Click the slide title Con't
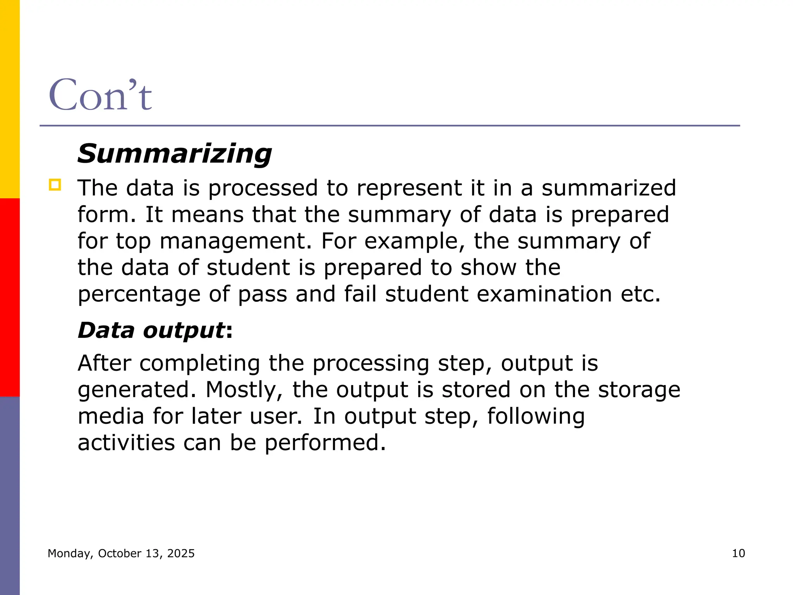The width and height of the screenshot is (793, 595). tap(100, 95)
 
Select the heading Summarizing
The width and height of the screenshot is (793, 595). tap(175, 154)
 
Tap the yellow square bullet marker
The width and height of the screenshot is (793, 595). tap(55, 185)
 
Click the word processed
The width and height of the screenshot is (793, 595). tap(263, 188)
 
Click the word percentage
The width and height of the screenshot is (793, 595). tap(139, 294)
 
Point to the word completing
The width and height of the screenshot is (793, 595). tap(199, 364)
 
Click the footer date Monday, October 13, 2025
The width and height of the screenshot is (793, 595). tap(121, 553)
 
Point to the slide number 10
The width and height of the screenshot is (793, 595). tap(738, 553)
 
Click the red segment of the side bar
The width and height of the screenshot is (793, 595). tap(10, 297)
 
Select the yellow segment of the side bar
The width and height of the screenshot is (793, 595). tap(10, 99)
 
